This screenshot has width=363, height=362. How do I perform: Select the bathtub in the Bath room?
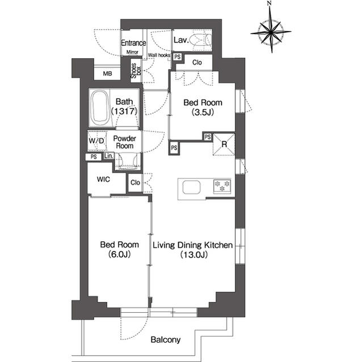pos(100,108)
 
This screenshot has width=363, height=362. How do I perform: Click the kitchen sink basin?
pos(191,188)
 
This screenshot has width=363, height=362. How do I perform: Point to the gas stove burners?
pos(222,186)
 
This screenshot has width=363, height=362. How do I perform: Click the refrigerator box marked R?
pos(223,144)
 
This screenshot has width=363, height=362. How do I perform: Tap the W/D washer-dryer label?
pos(96,140)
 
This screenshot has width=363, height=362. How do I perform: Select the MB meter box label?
pos(107,74)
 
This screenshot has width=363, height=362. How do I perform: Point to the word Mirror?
pos(132,52)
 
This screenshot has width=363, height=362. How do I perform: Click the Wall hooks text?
pos(159,56)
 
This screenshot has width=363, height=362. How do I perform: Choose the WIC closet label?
pos(103,179)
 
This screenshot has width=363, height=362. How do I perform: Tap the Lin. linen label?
pos(108,156)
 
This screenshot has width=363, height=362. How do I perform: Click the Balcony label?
pos(166,339)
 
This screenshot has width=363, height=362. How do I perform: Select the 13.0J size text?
pos(194,254)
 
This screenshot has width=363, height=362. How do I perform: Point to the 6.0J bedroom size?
pos(119,254)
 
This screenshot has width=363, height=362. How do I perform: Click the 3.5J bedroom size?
pos(202,112)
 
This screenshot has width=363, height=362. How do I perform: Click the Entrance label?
pos(133,42)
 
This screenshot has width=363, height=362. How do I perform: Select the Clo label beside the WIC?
pos(135,182)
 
